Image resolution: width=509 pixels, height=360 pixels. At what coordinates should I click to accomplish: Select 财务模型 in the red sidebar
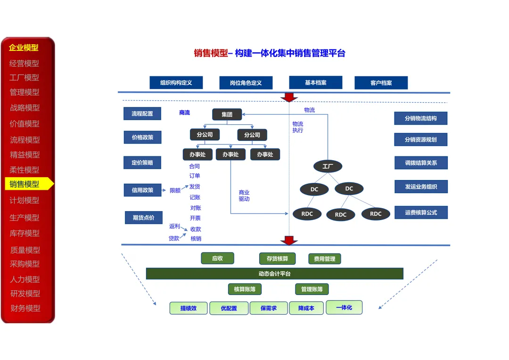pos(25,308)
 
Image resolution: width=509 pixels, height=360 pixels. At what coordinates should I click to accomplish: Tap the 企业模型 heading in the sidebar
pos(24,48)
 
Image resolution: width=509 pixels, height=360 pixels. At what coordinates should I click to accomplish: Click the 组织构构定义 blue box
pos(176,83)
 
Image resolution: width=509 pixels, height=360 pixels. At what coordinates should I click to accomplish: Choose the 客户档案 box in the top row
pos(381,83)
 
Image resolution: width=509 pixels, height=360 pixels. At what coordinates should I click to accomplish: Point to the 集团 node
pos(227,114)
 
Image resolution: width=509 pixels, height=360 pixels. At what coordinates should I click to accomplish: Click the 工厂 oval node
pos(328,166)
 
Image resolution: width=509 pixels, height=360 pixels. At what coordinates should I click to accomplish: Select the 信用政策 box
pos(142,190)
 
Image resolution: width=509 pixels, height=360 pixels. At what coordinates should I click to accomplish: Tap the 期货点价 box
pos(143,218)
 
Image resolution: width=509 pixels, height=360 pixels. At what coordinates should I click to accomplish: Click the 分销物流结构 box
pos(421,118)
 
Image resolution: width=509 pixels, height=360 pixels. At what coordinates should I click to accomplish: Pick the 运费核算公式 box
pos(421,213)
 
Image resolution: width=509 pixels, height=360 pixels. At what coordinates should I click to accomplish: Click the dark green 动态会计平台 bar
pos(275,274)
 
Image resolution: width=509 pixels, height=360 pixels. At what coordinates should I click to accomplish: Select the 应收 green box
pos(217,258)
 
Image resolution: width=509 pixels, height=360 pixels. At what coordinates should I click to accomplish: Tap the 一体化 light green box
pos(344,307)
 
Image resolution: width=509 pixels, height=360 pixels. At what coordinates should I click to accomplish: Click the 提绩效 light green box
pos(189,308)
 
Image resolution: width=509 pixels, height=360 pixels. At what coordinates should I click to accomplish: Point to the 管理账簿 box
pos(312,289)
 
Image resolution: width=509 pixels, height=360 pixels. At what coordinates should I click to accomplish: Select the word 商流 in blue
pos(184,113)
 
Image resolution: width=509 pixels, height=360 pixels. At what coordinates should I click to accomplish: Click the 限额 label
pos(175,190)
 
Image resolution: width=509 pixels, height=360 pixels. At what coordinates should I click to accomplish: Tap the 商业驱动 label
pos(244,196)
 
